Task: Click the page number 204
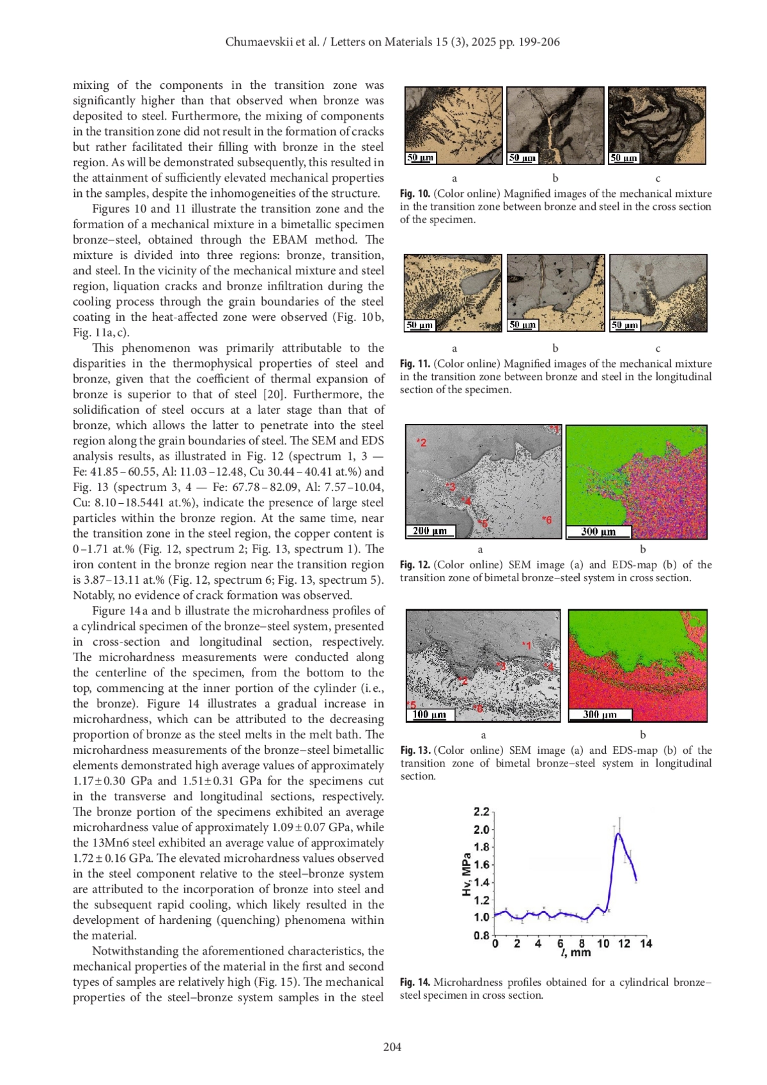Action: click(x=392, y=1047)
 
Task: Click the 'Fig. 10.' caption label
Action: click(x=415, y=194)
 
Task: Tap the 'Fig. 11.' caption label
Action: click(x=415, y=364)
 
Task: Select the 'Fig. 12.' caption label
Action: click(x=415, y=565)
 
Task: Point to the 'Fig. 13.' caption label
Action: click(x=415, y=750)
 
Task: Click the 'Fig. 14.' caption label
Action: click(x=415, y=982)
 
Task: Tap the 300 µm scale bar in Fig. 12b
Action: click(x=598, y=531)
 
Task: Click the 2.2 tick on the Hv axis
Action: click(x=481, y=812)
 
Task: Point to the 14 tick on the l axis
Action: click(x=646, y=944)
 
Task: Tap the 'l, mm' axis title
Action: click(x=576, y=953)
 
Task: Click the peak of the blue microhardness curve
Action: click(x=618, y=834)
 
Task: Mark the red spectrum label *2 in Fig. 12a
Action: click(x=422, y=442)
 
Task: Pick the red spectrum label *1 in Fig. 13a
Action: click(x=527, y=645)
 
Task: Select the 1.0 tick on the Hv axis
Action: click(x=481, y=917)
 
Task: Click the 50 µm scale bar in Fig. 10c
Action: click(x=624, y=157)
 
